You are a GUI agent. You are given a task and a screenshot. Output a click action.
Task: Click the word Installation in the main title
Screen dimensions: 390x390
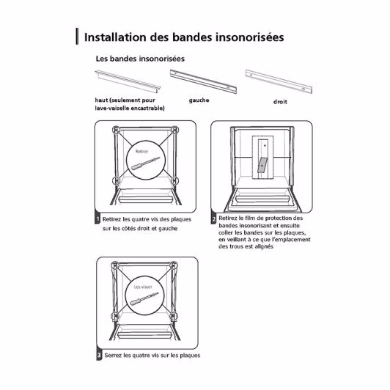115,37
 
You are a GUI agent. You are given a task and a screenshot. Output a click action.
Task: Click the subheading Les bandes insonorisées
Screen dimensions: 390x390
140,59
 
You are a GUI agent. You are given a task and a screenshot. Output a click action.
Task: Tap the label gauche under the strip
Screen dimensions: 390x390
199,100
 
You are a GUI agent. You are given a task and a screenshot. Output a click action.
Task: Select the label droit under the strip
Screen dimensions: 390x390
280,102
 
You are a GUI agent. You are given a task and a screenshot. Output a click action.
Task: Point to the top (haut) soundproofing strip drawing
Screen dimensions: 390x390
128,81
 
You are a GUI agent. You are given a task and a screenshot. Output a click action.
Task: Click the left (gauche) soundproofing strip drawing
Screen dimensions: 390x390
203,81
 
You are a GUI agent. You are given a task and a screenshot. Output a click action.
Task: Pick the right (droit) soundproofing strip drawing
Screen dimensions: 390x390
279,81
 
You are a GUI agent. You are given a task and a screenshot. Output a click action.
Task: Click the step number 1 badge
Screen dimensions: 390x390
97,219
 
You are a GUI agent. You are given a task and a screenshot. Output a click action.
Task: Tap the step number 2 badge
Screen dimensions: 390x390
213,219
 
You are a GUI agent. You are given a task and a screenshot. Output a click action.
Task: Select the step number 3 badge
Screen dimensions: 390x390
99,355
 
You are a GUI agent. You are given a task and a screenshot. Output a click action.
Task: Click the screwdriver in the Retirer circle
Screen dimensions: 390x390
145,163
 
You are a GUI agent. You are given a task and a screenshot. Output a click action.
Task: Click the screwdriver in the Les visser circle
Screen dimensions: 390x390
144,298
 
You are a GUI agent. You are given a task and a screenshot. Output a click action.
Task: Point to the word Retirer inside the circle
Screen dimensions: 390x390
141,152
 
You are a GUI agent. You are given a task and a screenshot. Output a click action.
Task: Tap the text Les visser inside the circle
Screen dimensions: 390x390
143,287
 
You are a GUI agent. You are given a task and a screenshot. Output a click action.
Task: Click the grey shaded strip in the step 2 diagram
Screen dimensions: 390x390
262,165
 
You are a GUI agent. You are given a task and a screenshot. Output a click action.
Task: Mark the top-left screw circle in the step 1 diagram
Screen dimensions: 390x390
116,130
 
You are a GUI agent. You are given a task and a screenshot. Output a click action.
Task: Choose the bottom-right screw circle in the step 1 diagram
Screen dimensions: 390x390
174,180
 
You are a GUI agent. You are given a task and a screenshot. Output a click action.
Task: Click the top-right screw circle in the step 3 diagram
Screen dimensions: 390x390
174,265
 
